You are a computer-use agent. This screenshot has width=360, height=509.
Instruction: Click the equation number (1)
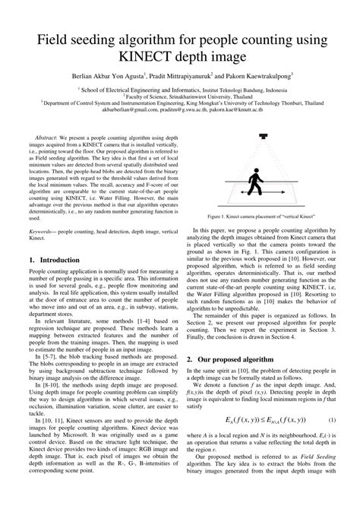click(332, 420)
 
